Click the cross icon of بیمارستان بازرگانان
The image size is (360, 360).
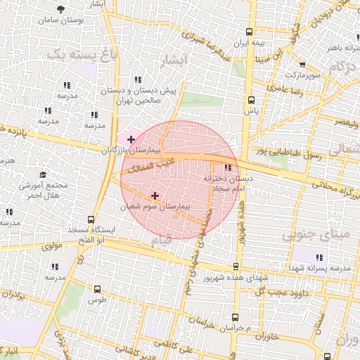point(131,140)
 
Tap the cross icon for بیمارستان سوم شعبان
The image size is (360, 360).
point(155,195)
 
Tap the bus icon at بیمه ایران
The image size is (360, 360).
point(250,32)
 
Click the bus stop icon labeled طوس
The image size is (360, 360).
point(97,288)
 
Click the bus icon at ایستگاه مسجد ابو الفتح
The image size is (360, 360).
point(90,219)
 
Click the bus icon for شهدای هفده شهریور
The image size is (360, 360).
point(236,266)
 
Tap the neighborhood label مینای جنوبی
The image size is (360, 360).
point(314,235)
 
